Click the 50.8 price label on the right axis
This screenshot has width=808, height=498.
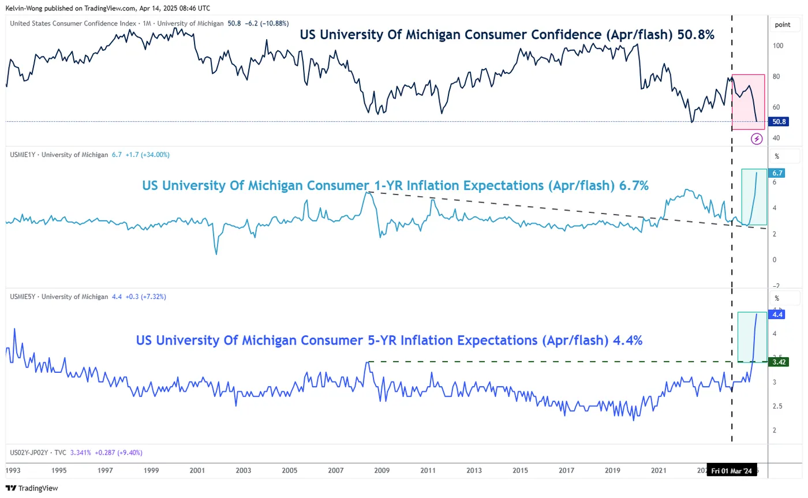(x=780, y=122)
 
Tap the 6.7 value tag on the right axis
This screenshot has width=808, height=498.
(x=777, y=173)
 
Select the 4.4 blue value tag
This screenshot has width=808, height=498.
(x=777, y=315)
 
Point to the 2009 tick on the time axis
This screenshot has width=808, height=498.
(x=381, y=470)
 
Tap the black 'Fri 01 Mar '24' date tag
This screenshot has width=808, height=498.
(x=731, y=471)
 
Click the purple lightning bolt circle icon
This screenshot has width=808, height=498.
(x=757, y=138)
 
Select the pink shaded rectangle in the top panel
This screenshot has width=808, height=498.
(x=748, y=101)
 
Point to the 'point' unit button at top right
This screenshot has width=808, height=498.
(x=783, y=25)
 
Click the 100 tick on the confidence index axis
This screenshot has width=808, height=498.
(x=778, y=46)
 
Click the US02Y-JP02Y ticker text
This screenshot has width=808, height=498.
(x=29, y=453)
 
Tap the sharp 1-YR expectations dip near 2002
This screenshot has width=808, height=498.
(x=216, y=253)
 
